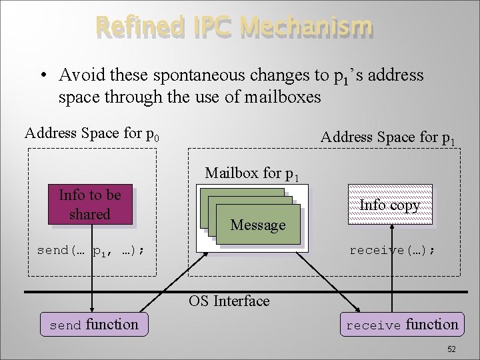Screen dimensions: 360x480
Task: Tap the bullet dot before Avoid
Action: click(41, 75)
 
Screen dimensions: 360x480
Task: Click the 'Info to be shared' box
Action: click(89, 205)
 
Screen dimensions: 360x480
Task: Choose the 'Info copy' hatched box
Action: click(389, 205)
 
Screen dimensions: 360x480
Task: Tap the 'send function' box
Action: click(94, 325)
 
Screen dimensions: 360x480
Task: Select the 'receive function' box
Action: click(402, 325)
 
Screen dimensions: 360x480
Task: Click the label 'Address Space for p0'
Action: click(92, 133)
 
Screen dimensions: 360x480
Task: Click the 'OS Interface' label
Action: click(229, 301)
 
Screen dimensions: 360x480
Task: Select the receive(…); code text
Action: click(393, 251)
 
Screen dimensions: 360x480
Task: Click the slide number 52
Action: click(451, 349)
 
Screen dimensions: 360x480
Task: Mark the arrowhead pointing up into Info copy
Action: click(392, 227)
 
